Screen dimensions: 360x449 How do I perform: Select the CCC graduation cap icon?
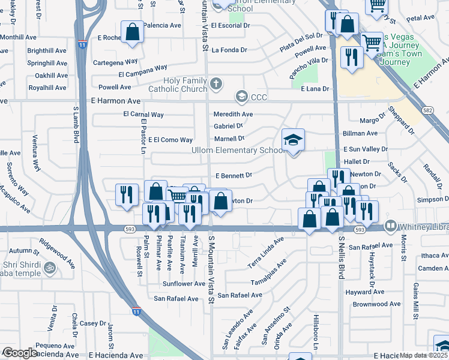[x=241, y=96]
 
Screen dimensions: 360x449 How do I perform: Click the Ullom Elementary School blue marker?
[x=293, y=140]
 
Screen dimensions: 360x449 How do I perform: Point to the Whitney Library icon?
[x=391, y=226]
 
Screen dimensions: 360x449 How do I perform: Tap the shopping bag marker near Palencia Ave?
[x=132, y=33]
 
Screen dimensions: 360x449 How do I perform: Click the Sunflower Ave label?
[x=184, y=284]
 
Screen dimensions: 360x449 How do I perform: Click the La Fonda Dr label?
[x=234, y=49]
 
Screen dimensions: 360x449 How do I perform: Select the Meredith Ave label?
[x=233, y=114]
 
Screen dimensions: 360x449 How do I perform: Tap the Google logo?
[x=20, y=353]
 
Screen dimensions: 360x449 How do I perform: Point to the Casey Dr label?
[x=93, y=323]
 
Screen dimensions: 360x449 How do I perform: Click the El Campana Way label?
[x=143, y=74]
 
